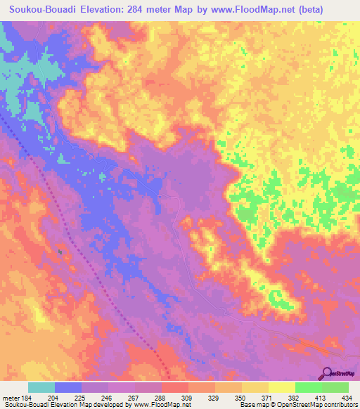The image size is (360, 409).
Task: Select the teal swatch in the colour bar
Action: coord(41,387)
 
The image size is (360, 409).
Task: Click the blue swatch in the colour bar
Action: coord(67,387)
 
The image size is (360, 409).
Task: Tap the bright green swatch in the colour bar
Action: coord(307,387)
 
